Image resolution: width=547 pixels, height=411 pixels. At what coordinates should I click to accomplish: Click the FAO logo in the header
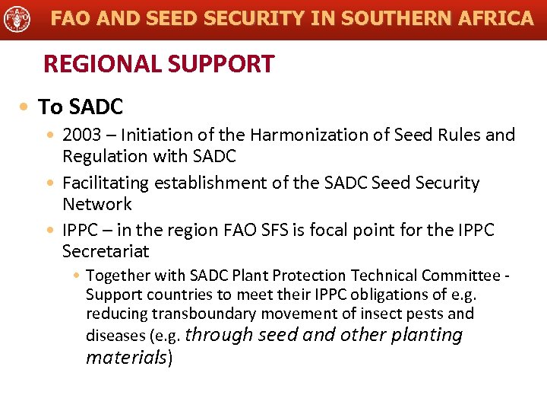(17, 18)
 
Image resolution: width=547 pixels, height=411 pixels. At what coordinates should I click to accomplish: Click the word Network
(96, 204)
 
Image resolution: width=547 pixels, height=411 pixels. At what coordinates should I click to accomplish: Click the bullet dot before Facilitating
(50, 184)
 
